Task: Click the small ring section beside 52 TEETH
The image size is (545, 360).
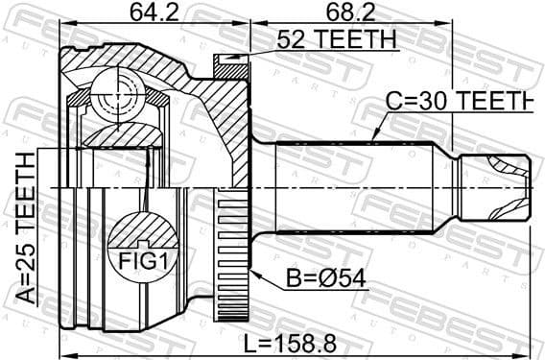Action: (230, 64)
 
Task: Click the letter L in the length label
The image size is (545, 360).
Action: (248, 341)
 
